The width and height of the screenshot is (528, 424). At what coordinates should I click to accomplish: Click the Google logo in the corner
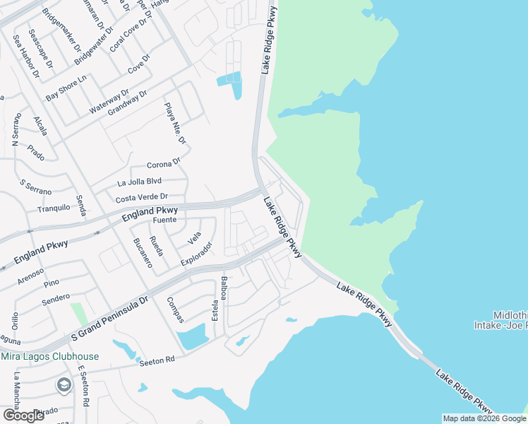click(24, 416)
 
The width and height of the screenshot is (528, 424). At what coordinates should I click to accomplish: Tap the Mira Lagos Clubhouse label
click(49, 356)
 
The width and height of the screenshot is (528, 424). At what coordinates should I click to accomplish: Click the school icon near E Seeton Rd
click(64, 385)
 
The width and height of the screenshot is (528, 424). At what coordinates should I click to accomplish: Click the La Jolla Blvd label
click(139, 182)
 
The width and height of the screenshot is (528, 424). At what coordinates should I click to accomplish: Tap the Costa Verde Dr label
click(142, 197)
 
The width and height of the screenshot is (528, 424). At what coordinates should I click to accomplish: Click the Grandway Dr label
click(123, 103)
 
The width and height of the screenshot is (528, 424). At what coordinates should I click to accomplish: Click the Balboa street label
click(224, 289)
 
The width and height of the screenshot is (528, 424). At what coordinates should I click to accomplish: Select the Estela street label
click(215, 307)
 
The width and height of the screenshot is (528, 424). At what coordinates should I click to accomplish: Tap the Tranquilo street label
click(54, 207)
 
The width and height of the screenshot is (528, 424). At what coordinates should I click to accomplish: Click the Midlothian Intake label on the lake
click(500, 319)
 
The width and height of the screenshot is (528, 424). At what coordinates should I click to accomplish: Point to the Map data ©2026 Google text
click(484, 418)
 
